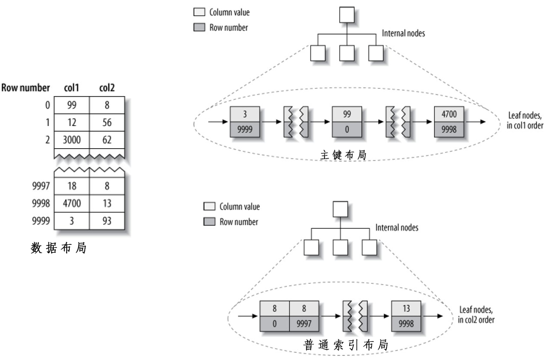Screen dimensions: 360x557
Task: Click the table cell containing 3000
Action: click(71, 139)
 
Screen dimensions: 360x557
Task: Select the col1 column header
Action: click(71, 88)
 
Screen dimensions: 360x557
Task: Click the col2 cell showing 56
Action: click(106, 122)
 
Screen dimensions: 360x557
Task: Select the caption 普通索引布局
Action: click(346, 345)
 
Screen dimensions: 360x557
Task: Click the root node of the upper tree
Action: click(346, 14)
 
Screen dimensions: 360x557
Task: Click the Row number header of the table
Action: click(26, 88)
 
